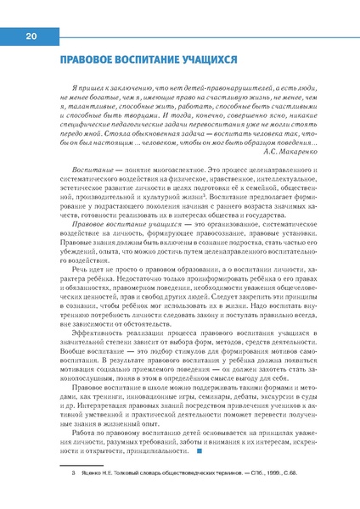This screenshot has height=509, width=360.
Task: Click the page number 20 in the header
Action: [x=31, y=36]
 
